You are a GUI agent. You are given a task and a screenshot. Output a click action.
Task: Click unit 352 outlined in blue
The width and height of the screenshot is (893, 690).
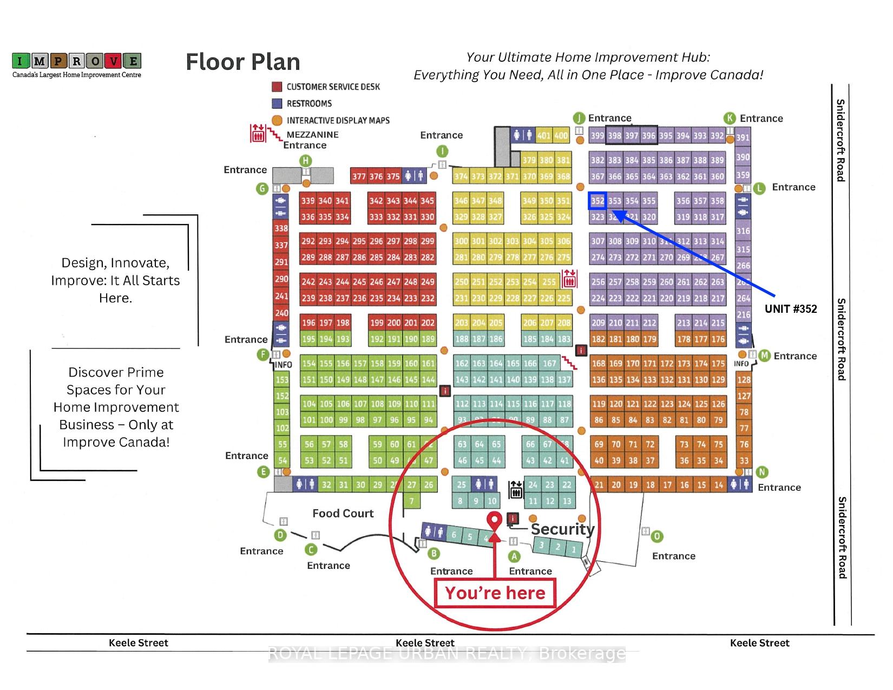pos(597,201)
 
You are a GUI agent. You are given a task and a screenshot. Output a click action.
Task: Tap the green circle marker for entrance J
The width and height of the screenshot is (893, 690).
pos(579,118)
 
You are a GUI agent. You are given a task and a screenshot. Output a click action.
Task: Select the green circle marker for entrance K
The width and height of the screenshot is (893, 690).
pos(730,119)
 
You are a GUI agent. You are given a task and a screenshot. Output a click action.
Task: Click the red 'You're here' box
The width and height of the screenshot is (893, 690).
pos(495,593)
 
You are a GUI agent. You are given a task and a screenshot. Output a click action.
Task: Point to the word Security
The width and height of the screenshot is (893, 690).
pos(562,529)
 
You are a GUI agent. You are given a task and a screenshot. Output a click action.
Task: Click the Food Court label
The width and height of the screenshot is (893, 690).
pos(343,513)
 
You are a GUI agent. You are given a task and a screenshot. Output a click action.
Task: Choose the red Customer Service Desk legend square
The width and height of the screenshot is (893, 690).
pos(277,87)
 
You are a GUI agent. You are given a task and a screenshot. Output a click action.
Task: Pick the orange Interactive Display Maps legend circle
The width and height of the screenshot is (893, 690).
pos(277,120)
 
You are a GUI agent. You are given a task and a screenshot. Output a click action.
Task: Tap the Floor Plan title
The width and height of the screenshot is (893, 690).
pos(243,62)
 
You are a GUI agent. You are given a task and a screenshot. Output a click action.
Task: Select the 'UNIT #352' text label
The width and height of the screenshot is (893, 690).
pos(791,309)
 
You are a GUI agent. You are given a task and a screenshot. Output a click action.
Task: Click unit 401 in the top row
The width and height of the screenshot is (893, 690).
pos(543,135)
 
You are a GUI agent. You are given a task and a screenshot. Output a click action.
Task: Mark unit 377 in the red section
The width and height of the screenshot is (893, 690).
pos(358,176)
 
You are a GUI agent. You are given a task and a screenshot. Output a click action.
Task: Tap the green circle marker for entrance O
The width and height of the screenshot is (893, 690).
pos(656,536)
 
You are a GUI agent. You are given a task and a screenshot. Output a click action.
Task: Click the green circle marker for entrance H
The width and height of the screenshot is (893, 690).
pos(306,160)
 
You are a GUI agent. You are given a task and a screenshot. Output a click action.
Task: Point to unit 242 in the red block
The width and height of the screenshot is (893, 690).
pos(308,282)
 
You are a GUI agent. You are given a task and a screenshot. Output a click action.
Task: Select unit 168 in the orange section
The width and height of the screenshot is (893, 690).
pos(598,364)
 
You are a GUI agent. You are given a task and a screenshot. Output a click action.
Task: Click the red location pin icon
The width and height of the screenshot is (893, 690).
pos(494,521)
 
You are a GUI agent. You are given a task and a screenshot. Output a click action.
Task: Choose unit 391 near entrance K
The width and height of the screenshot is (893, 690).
pos(743,137)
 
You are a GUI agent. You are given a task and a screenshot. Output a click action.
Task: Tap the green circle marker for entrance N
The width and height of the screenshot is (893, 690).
pos(762,472)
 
